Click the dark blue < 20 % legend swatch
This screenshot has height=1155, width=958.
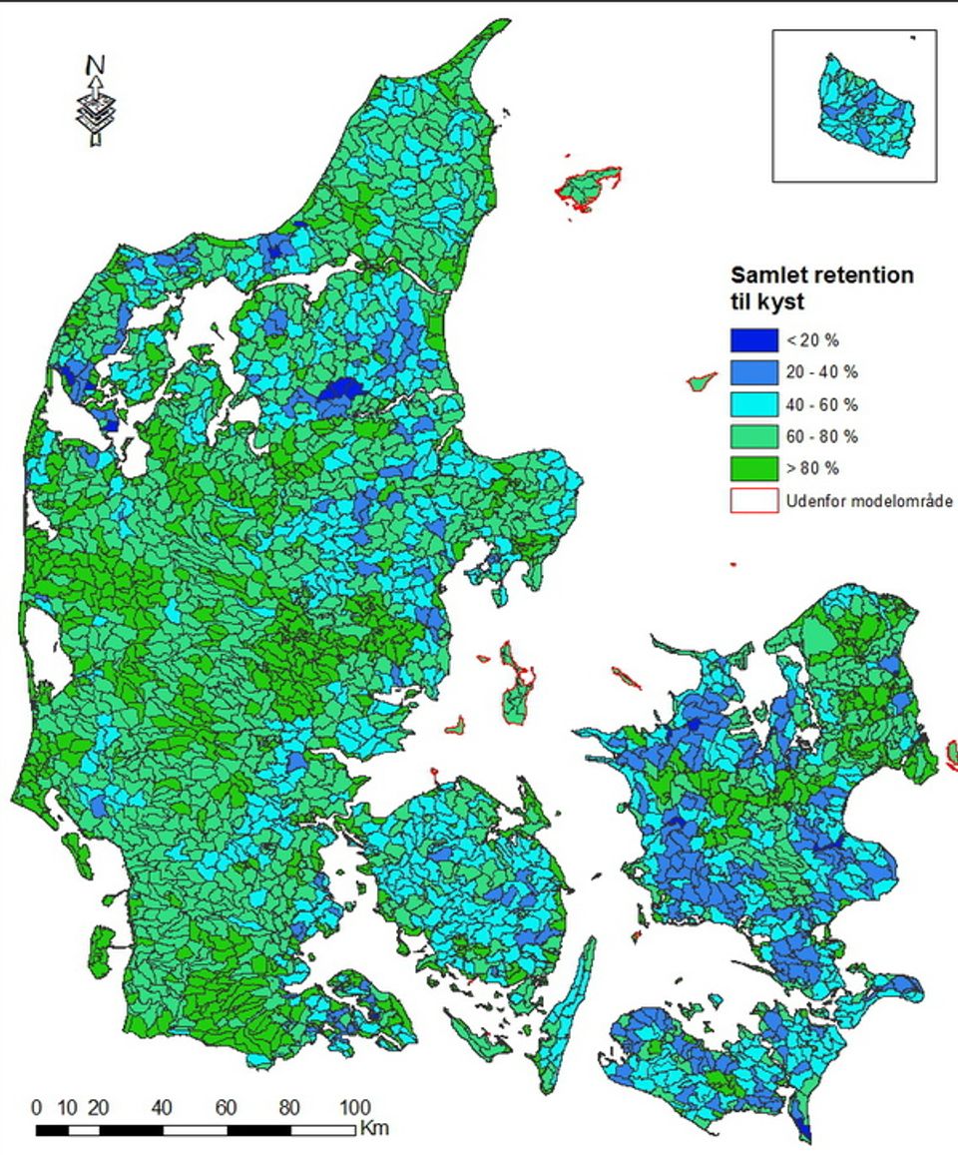[x=753, y=340]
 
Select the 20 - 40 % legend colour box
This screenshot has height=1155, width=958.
[x=753, y=372]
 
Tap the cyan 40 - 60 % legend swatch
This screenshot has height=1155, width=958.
[x=753, y=404]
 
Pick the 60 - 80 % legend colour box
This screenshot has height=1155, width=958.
[x=753, y=436]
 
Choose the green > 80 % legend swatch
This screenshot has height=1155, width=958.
[x=753, y=468]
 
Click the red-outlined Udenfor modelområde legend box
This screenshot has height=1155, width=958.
[x=753, y=500]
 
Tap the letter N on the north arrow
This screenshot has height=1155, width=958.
[x=95, y=65]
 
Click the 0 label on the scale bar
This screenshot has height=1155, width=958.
[x=37, y=1108]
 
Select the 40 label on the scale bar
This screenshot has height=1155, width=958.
[x=163, y=1108]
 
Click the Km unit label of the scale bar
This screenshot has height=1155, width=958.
[x=374, y=1129]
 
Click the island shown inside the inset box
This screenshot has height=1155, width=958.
[x=865, y=108]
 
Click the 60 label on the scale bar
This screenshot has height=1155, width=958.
[x=226, y=1108]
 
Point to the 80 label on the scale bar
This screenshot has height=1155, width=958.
[x=288, y=1108]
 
